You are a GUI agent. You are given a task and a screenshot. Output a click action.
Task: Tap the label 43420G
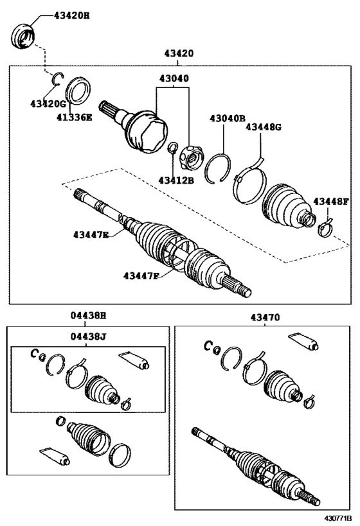pyautogui.click(x=48, y=103)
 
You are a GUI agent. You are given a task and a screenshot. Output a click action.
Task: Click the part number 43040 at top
pyautogui.click(x=172, y=79)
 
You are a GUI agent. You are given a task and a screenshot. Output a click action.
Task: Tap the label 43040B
pyautogui.click(x=227, y=118)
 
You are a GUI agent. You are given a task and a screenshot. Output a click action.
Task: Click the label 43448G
pyautogui.click(x=264, y=127)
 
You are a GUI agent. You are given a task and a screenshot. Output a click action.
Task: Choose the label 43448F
pyautogui.click(x=331, y=202)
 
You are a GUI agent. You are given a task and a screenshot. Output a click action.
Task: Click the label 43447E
pyautogui.click(x=91, y=234)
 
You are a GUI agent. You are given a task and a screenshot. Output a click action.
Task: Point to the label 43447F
pyautogui.click(x=141, y=276)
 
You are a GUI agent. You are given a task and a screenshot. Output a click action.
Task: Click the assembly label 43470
pyautogui.click(x=265, y=317)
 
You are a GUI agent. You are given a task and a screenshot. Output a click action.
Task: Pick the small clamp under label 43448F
pyautogui.click(x=326, y=226)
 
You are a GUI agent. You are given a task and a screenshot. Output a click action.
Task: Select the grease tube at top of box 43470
pyautogui.click(x=303, y=342)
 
